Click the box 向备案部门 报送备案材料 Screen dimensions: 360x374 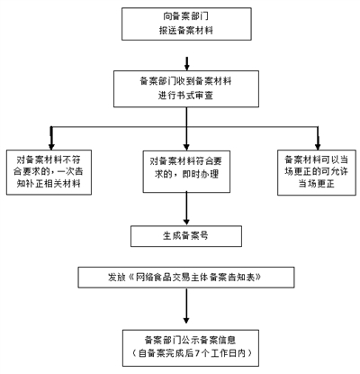186,24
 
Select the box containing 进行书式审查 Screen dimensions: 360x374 186,89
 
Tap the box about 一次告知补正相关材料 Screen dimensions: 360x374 49,172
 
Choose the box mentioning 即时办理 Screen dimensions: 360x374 186,171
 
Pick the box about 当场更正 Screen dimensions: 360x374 317,173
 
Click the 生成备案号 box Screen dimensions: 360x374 186,236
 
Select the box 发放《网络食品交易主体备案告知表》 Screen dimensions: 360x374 186,278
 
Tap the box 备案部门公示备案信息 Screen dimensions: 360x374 191,348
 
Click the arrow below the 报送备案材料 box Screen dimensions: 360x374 187,64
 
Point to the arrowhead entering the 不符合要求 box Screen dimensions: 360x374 51,147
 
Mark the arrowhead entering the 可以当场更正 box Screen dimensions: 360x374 318,147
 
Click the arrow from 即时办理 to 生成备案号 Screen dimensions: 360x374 186,209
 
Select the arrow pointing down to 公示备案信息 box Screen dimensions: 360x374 186,306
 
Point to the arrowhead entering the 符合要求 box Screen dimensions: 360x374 186,147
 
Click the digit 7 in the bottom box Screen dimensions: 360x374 197,353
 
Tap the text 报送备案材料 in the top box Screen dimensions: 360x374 186,31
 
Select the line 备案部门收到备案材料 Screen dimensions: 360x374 185,81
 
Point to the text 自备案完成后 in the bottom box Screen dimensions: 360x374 166,353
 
